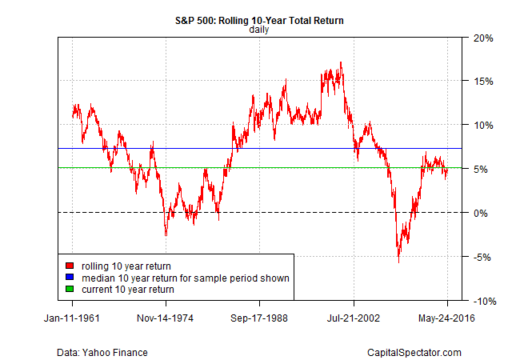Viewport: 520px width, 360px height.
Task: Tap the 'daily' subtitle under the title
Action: click(x=259, y=30)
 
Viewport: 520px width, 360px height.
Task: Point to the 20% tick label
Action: click(x=482, y=38)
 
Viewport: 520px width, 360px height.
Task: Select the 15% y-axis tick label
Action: click(x=482, y=82)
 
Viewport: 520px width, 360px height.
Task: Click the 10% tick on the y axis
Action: click(x=482, y=125)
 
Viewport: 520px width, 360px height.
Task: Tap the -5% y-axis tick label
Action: click(x=483, y=257)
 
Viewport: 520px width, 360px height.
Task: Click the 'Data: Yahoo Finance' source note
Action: click(x=102, y=352)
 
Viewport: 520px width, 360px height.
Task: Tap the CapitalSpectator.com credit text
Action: click(x=414, y=352)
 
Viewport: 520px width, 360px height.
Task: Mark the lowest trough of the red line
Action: click(x=398, y=262)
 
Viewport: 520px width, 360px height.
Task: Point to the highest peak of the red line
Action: click(x=341, y=62)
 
